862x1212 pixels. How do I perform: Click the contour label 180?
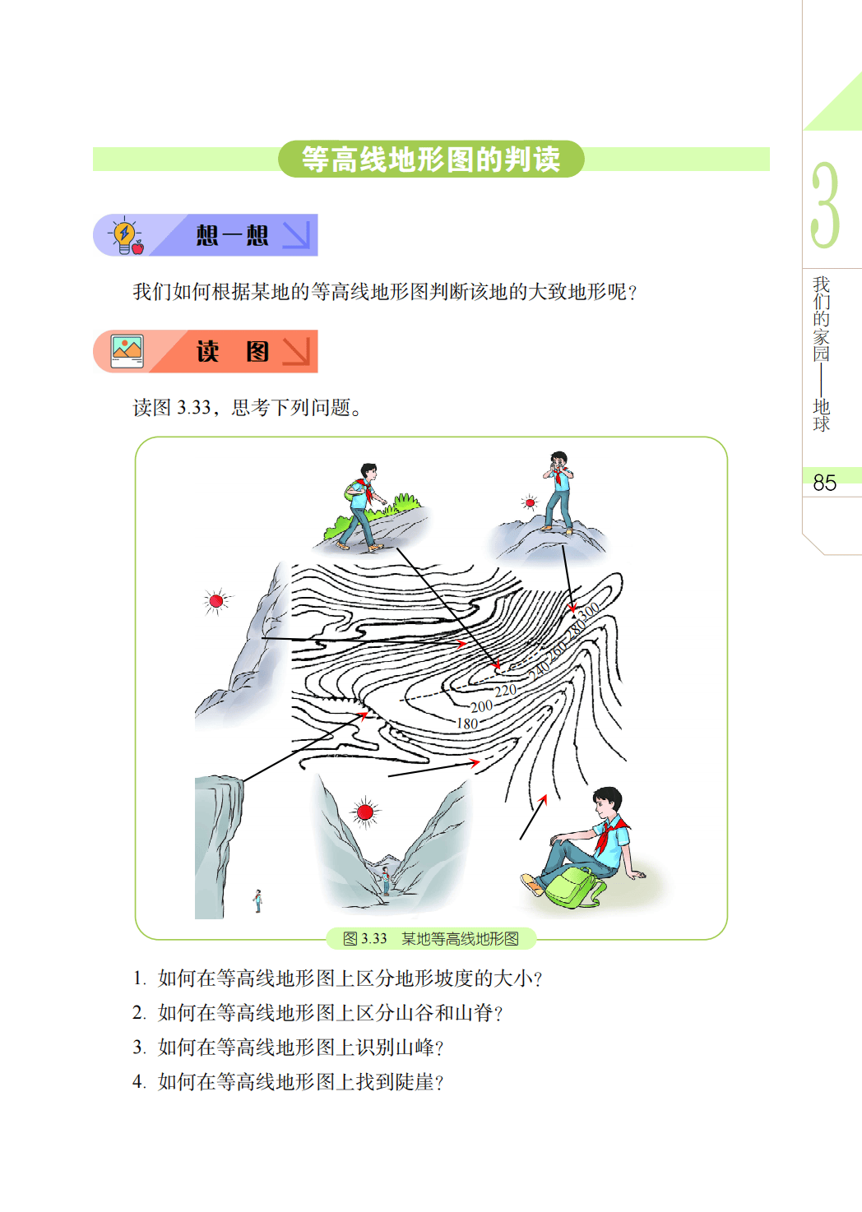[x=467, y=724]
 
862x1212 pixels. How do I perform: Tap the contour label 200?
[x=481, y=706]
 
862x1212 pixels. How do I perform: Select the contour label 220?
[x=505, y=691]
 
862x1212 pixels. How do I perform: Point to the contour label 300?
[x=589, y=612]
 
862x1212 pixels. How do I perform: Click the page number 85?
[x=824, y=483]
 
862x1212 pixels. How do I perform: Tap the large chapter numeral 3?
[x=825, y=205]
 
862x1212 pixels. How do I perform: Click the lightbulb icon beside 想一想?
[x=126, y=235]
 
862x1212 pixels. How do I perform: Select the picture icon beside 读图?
[x=127, y=351]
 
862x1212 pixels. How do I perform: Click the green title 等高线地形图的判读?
[x=431, y=159]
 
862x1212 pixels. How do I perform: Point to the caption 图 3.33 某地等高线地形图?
[x=431, y=939]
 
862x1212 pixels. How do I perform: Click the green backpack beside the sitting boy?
[x=573, y=888]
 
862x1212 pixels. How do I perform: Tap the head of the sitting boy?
[x=607, y=804]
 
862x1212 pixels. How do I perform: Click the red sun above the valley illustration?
[x=365, y=812]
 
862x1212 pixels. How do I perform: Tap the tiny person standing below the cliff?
[x=258, y=901]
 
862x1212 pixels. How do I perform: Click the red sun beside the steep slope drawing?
[x=215, y=601]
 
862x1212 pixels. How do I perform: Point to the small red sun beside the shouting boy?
[x=531, y=502]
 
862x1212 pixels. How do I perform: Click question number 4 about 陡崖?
[x=288, y=1082]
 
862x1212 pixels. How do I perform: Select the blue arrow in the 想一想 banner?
[x=297, y=235]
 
